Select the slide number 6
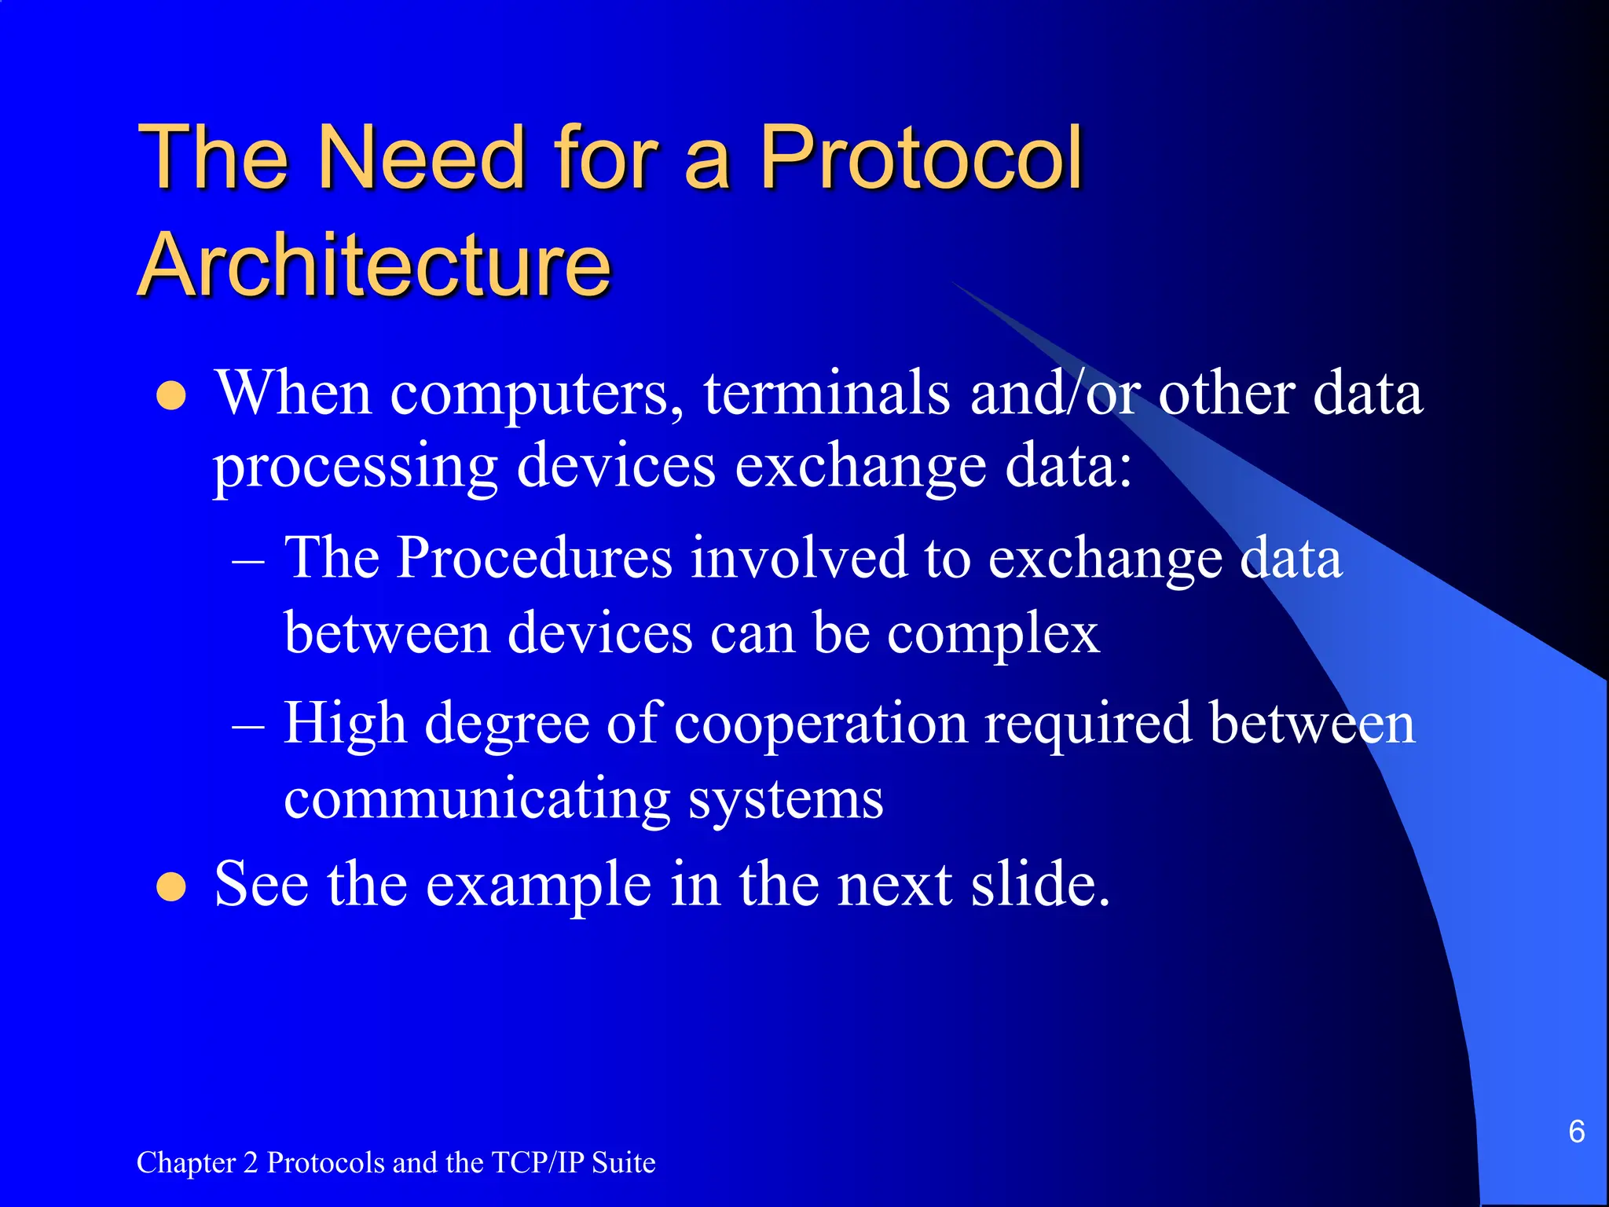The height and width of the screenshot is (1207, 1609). tap(1576, 1132)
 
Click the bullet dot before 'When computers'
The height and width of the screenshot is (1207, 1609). tap(171, 396)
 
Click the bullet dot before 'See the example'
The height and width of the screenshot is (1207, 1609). tap(171, 887)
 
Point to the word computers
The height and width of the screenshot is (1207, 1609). tap(537, 394)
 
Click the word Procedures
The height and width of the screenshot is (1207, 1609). tap(534, 558)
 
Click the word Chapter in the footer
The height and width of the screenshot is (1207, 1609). tap(186, 1163)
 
